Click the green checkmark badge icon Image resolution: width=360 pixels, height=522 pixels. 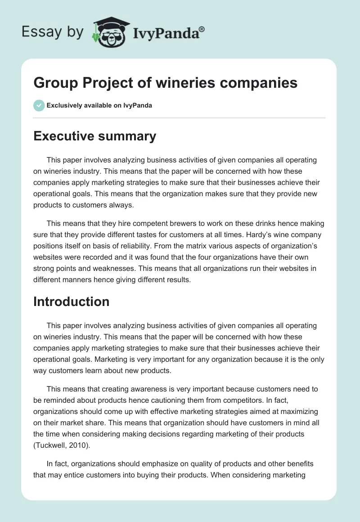coord(39,106)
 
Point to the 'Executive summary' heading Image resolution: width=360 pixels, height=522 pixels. coord(94,136)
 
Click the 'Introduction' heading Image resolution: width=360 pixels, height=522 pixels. coord(71,301)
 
